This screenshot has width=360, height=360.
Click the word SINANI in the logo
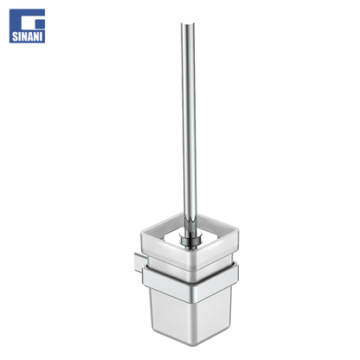tap(27, 36)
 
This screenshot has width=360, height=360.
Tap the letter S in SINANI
tap(15, 36)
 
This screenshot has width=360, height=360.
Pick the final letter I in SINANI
tap(42, 36)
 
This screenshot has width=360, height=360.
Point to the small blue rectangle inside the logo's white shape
tap(40, 24)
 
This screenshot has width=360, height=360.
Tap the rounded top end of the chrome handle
tap(188, 24)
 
